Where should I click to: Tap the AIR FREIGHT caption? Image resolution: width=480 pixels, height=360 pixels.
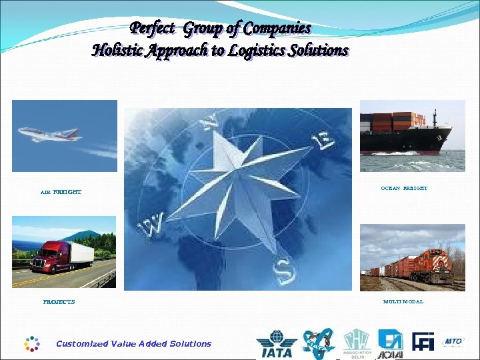click(61, 192)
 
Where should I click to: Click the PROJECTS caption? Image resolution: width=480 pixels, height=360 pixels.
click(59, 302)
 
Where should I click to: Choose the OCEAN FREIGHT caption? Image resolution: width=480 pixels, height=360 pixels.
click(404, 189)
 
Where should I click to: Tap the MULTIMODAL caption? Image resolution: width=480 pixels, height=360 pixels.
click(403, 302)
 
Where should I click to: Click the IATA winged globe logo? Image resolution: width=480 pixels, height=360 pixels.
click(276, 345)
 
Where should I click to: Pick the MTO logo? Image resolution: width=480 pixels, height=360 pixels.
click(453, 342)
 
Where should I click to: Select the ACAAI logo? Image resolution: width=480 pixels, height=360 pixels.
click(389, 344)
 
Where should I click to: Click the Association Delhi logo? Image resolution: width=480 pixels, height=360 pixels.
click(357, 344)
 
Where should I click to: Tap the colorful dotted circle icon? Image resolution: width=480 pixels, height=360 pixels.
click(32, 343)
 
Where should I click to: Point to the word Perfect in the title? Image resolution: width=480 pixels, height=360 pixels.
click(153, 29)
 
